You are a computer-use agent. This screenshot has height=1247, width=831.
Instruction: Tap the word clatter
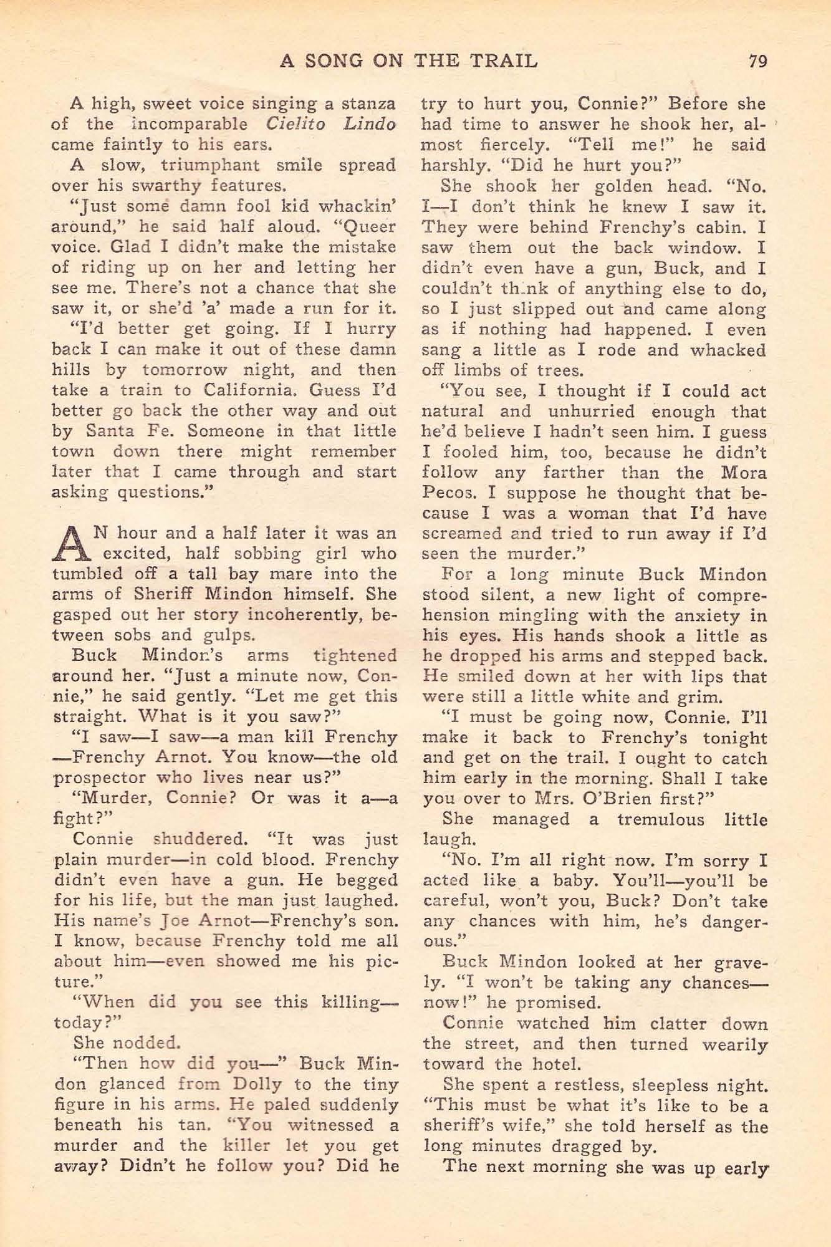[x=670, y=1023]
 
